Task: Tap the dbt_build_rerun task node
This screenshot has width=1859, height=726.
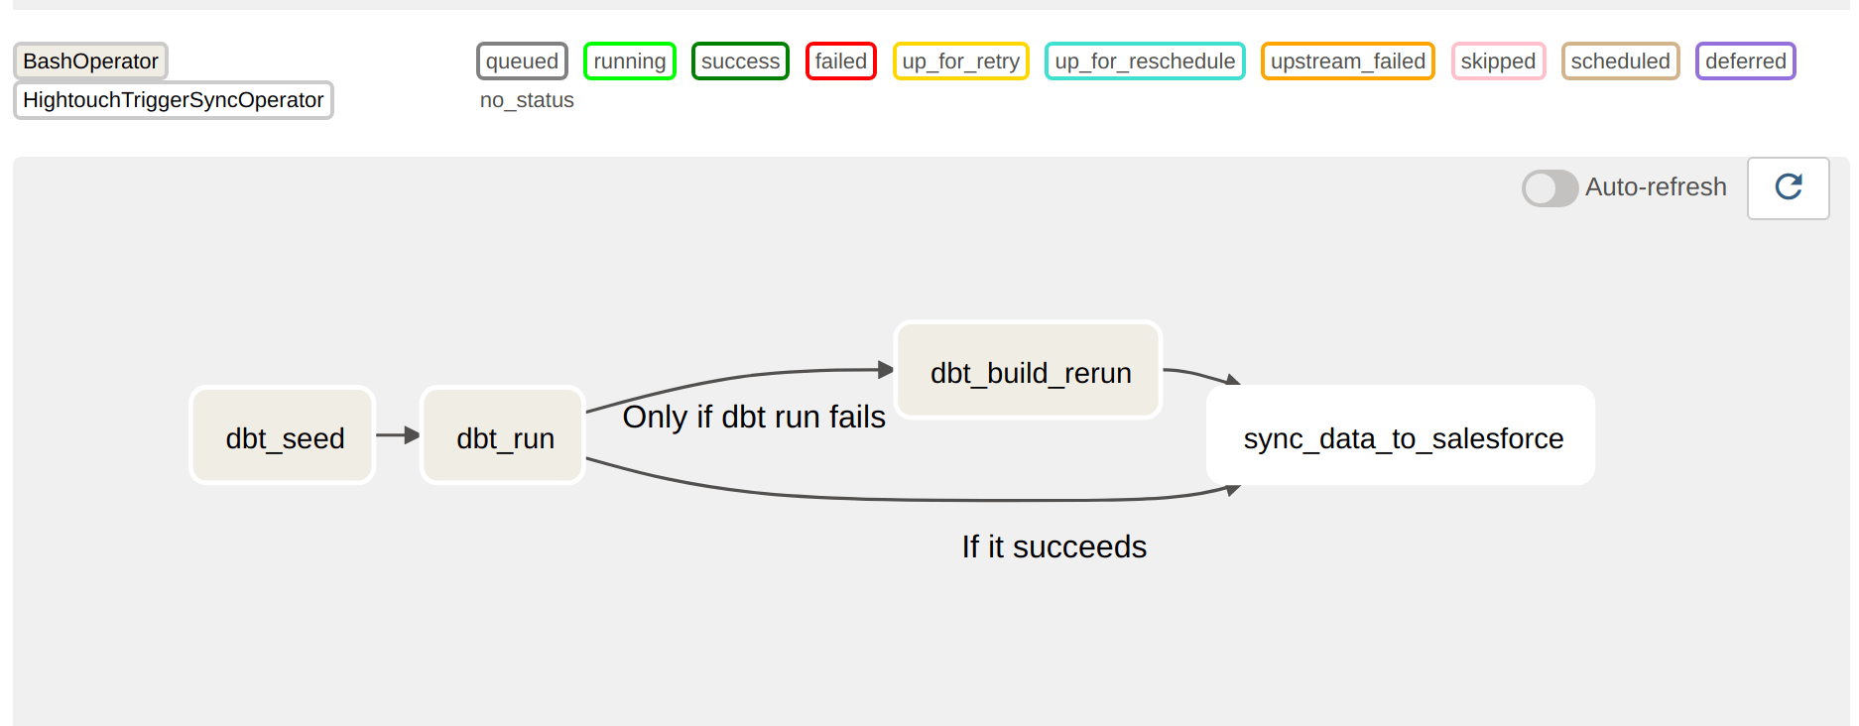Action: tap(1029, 371)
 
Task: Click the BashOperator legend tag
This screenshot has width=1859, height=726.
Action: tap(90, 61)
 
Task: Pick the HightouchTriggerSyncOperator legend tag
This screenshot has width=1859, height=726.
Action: tap(173, 100)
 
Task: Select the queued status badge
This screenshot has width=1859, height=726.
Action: tap(522, 61)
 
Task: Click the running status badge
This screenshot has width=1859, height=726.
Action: tap(630, 61)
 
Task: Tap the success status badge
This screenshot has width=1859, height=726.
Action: tap(740, 61)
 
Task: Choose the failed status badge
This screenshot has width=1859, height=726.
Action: tap(841, 61)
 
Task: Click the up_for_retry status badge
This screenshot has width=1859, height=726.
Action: tap(960, 61)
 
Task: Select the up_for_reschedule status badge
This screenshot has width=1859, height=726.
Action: tap(1145, 61)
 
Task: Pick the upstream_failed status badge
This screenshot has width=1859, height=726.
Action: tap(1347, 61)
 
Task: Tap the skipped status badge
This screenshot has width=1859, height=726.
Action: tap(1498, 61)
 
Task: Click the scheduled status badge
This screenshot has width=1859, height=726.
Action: tap(1620, 61)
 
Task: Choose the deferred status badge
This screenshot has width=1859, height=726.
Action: tap(1746, 61)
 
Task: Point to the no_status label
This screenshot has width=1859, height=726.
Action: tap(527, 100)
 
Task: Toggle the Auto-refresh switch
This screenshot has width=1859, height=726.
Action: tap(1549, 187)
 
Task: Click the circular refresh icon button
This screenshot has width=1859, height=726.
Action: tap(1788, 187)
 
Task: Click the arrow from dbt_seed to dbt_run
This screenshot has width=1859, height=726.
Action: tap(397, 435)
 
